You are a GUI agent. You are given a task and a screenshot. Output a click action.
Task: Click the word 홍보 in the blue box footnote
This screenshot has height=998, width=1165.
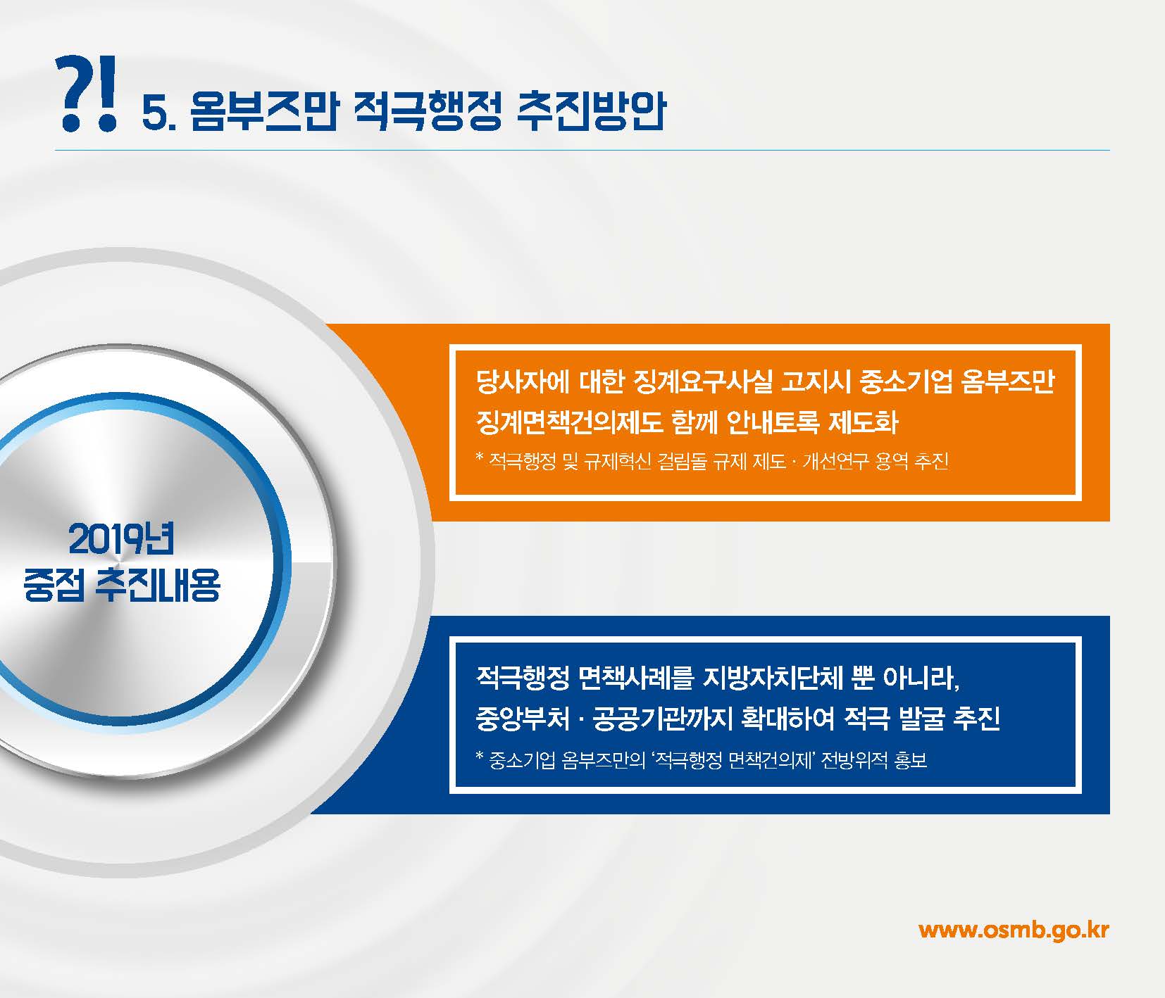click(x=910, y=760)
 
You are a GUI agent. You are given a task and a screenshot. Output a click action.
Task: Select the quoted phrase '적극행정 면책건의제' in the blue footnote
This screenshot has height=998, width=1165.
click(x=733, y=760)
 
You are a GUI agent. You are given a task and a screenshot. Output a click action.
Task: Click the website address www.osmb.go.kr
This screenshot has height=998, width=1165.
click(x=1014, y=930)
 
